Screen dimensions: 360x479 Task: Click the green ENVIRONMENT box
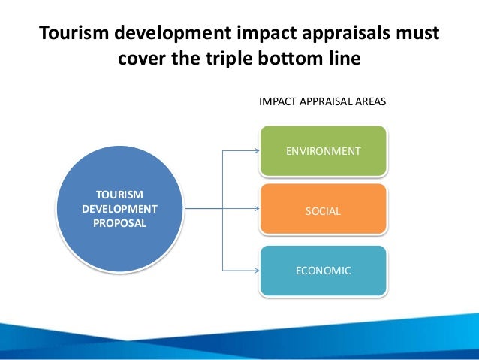click(x=324, y=151)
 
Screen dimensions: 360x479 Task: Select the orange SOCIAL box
click(x=324, y=211)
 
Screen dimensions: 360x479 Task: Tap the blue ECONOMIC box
click(x=324, y=271)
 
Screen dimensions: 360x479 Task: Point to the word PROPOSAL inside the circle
click(x=119, y=223)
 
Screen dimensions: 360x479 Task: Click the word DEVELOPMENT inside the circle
click(x=119, y=208)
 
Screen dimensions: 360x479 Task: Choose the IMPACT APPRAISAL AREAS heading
click(x=323, y=100)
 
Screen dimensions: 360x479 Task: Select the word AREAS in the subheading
click(x=370, y=100)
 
